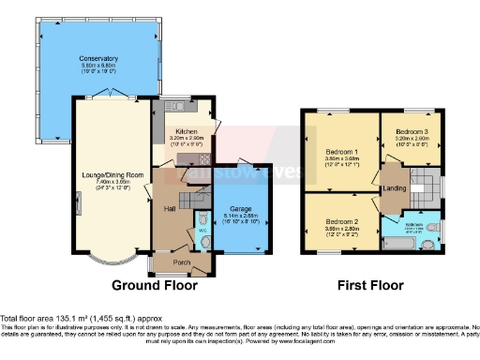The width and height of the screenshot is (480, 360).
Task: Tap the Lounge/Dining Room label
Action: (x=111, y=174)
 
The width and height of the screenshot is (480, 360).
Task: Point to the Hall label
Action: (x=171, y=207)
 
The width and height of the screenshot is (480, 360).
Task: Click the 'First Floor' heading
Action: (x=371, y=285)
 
